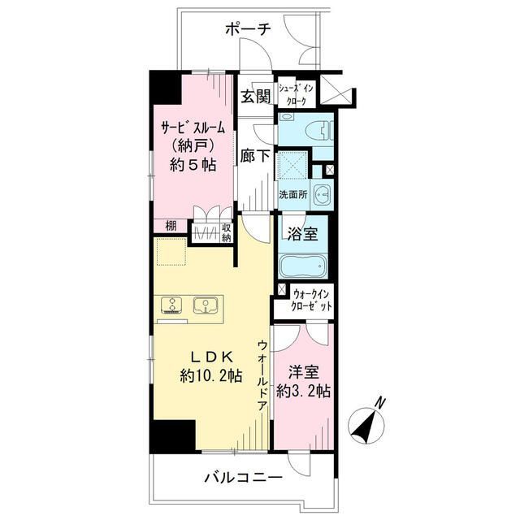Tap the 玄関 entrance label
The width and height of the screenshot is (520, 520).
point(255,97)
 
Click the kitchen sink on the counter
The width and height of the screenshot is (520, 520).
point(203,305)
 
